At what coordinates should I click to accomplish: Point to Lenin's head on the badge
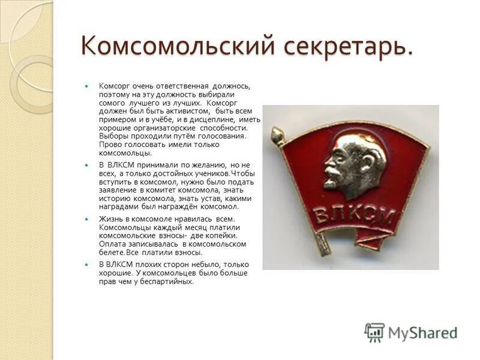pos(354,162)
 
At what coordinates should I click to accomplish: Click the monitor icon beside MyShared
pos(374,332)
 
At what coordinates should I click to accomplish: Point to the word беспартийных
pos(167,281)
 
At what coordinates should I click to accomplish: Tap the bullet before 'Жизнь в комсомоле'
pos(86,220)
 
